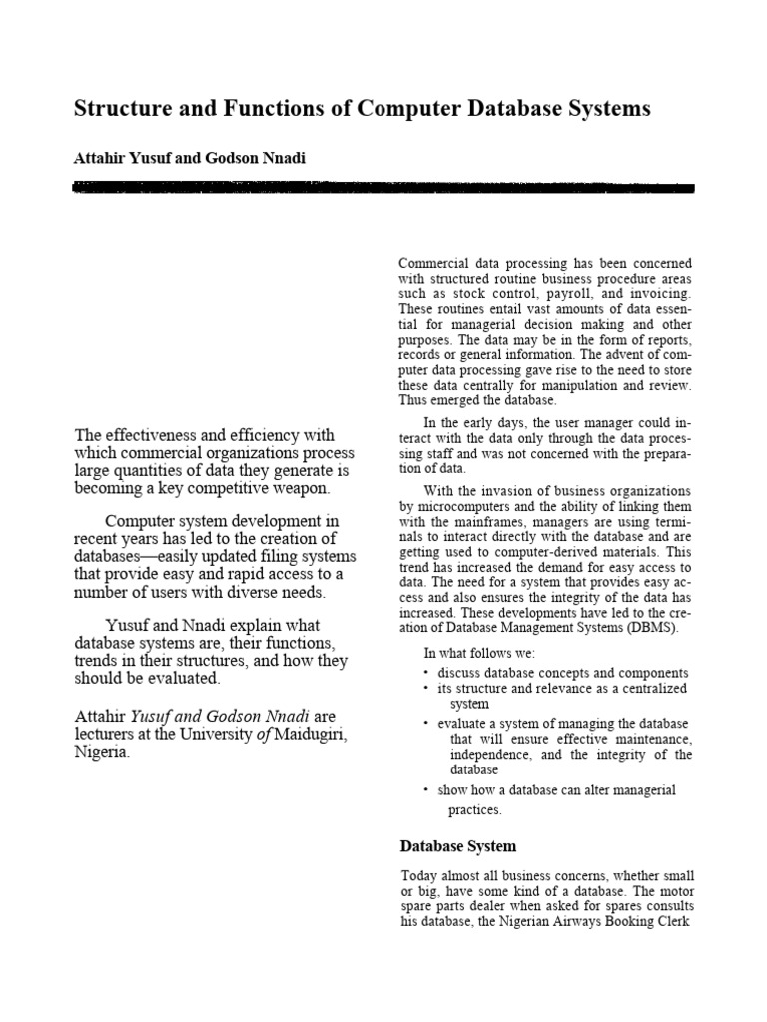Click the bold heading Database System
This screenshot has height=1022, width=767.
click(458, 846)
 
